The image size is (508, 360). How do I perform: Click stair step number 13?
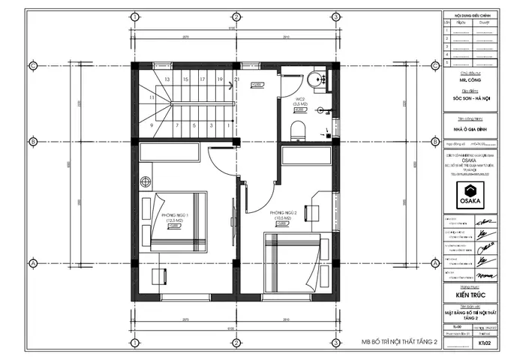(165, 79)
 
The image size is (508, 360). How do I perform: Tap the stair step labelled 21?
(236, 79)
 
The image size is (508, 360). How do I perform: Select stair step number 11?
(152, 97)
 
